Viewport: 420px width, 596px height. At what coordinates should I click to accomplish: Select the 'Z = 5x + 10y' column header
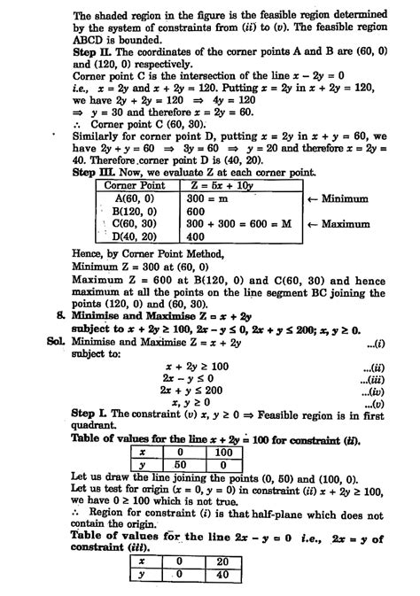209,160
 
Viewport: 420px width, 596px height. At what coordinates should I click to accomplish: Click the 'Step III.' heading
92,148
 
